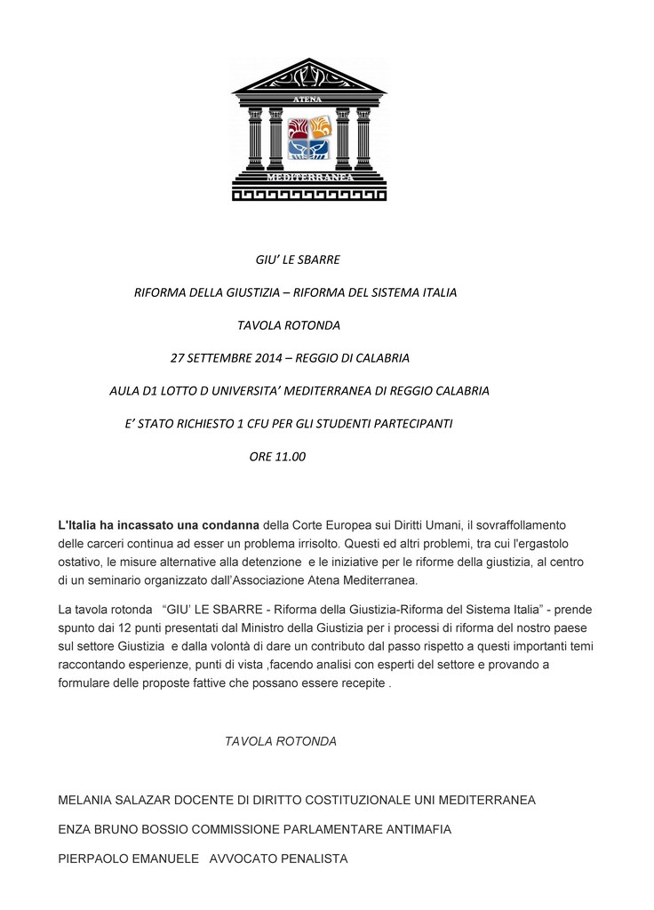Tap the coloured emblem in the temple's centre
[309, 138]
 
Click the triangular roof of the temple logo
[308, 77]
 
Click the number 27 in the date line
[177, 358]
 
